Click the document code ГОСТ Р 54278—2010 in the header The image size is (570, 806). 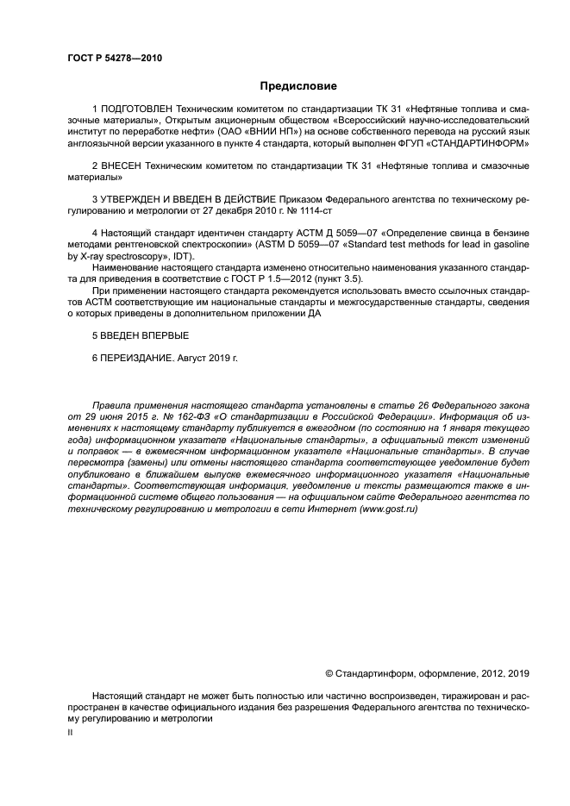tap(114, 58)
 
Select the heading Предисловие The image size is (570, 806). tap(299, 86)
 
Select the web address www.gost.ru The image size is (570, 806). tap(388, 509)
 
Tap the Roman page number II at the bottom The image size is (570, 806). tap(70, 731)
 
